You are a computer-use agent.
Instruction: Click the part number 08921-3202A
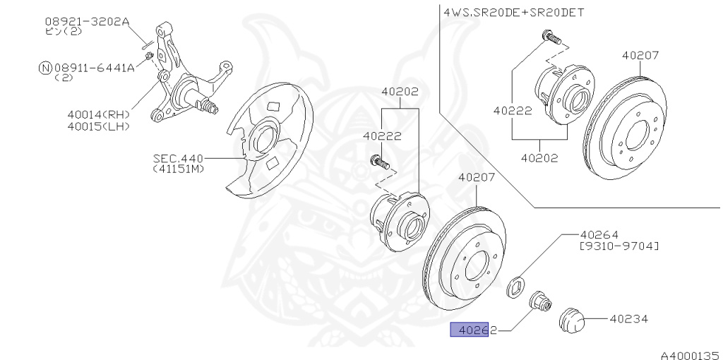88,22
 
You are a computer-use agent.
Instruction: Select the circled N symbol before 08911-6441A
44,68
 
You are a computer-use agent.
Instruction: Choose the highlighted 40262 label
469,330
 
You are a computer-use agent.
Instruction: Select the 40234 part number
629,320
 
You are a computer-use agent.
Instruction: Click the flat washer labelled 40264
515,285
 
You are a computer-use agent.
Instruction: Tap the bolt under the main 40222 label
380,163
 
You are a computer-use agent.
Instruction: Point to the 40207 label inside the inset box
640,55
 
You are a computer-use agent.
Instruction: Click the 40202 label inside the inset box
539,158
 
